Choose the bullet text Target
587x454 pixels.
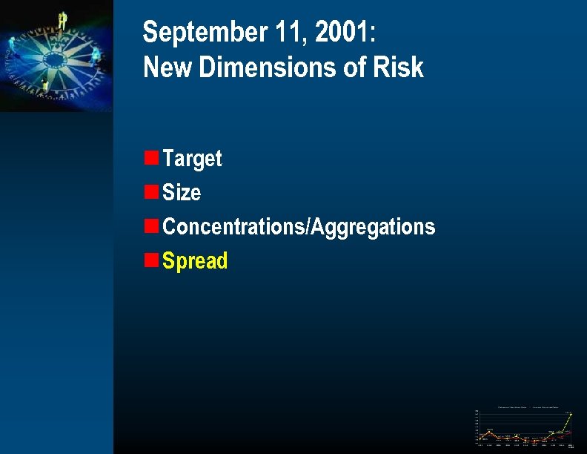(192, 159)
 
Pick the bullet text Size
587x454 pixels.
(182, 193)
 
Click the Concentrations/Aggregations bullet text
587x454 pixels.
(299, 226)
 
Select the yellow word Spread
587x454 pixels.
(195, 261)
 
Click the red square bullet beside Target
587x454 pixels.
(151, 157)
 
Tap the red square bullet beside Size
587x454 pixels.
(151, 191)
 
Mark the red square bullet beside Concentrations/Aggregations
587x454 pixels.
(151, 226)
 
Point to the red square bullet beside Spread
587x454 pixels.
(151, 260)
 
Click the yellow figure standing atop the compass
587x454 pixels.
(63, 21)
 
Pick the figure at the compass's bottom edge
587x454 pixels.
(46, 86)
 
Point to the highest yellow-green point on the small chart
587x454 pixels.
(571, 414)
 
